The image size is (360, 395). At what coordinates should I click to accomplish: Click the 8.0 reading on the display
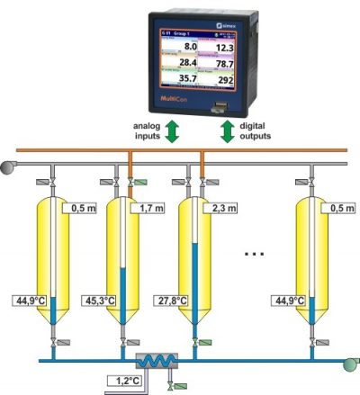pos(190,46)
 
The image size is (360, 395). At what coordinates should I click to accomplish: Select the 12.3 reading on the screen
pos(224,47)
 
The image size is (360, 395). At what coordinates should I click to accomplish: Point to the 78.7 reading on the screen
pos(224,64)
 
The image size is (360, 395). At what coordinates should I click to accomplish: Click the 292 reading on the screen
pos(224,80)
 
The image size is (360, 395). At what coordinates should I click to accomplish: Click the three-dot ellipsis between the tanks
pos(256,256)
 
